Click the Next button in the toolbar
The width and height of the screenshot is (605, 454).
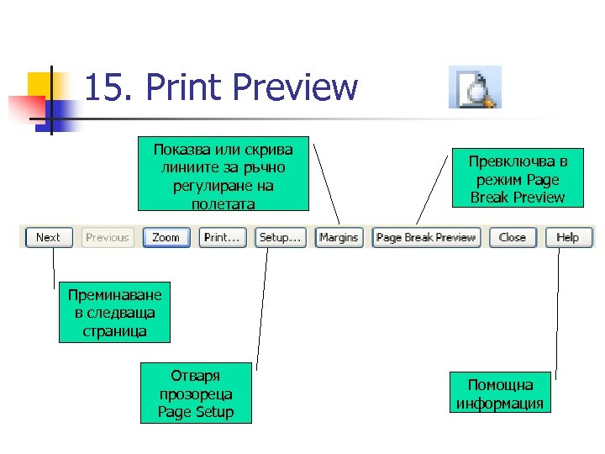coord(48,238)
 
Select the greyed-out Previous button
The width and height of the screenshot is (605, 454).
coord(107,238)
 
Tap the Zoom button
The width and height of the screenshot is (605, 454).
coord(166,238)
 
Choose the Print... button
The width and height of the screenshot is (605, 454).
coord(223,238)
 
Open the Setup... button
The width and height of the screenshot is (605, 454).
coord(280,238)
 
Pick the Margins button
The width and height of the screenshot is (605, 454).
coord(339,238)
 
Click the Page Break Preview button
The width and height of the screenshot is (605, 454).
coord(426,238)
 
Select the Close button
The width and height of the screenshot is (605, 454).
coord(512,238)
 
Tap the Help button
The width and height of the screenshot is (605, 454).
coord(568,238)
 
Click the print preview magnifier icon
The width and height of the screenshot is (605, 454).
coord(475,87)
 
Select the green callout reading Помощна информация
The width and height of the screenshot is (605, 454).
coord(500,393)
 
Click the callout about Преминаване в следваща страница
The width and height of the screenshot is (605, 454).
coord(114,312)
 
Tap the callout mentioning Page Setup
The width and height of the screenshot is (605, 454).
coord(196,393)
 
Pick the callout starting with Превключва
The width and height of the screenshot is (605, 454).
coord(518,179)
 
